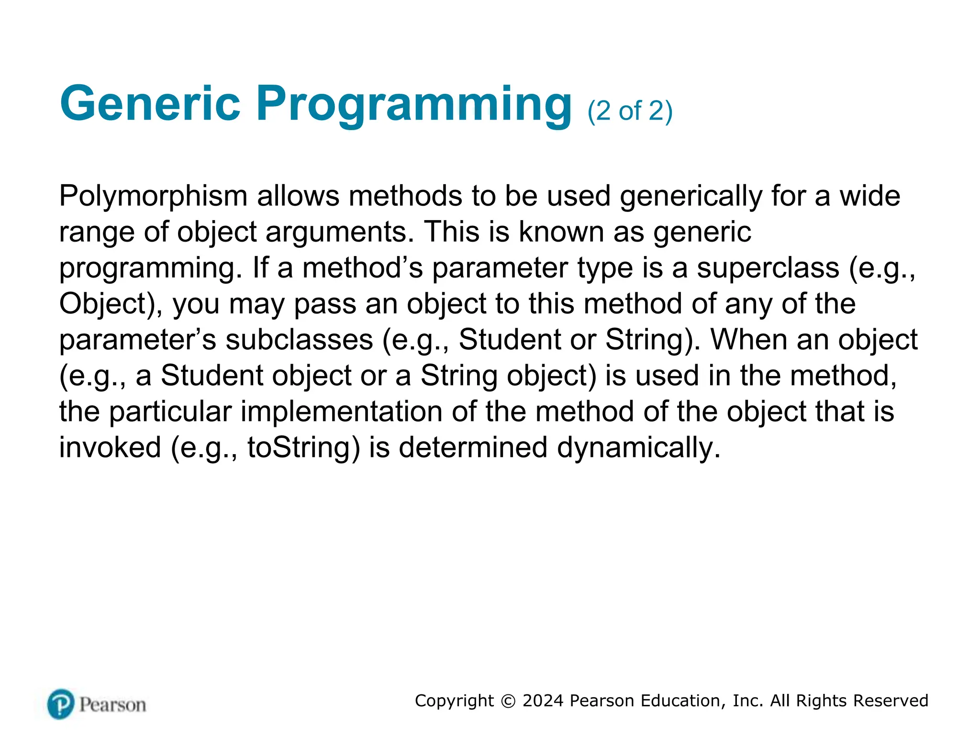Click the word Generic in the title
click(150, 104)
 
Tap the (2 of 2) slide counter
click(630, 111)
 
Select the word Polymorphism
click(153, 197)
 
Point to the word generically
click(690, 197)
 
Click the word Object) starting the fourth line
click(111, 304)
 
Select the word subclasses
click(299, 340)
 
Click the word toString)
click(303, 448)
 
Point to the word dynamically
click(638, 448)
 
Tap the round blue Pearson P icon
click(61, 704)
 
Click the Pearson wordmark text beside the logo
click(112, 705)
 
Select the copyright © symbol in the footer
click(508, 701)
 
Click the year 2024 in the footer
click(543, 701)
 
